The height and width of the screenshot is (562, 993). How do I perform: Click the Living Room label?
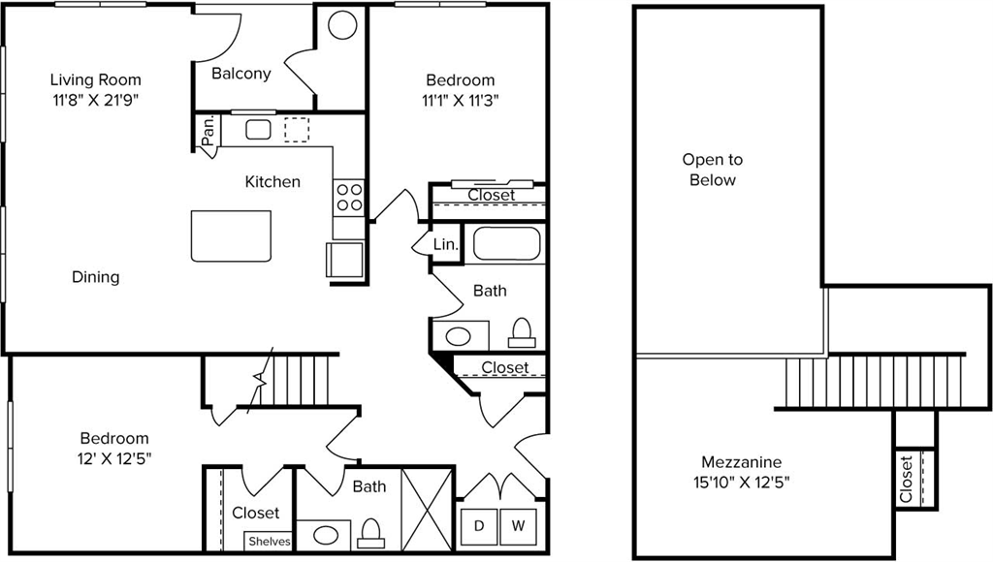[x=95, y=79]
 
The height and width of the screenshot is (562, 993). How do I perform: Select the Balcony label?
[x=240, y=74]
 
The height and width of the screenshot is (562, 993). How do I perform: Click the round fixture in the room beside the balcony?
[x=341, y=25]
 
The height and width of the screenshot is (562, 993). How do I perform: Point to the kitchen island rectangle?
[x=231, y=235]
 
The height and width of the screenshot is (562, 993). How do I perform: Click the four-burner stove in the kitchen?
[x=349, y=198]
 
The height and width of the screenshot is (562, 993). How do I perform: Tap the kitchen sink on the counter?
[x=258, y=130]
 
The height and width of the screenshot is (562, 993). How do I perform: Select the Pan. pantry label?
[x=208, y=131]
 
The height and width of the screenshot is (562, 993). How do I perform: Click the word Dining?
[x=96, y=277]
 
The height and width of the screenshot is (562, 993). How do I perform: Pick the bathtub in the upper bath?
[x=508, y=242]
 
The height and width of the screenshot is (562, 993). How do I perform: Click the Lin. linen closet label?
[x=445, y=245]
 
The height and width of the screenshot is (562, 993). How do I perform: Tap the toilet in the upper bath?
[x=521, y=332]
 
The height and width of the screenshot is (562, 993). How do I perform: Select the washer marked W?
[x=519, y=526]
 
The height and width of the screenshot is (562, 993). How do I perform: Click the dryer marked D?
[x=479, y=526]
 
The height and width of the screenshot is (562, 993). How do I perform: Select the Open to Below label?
[x=712, y=170]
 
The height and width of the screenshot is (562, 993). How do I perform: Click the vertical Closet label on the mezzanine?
[x=906, y=480]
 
